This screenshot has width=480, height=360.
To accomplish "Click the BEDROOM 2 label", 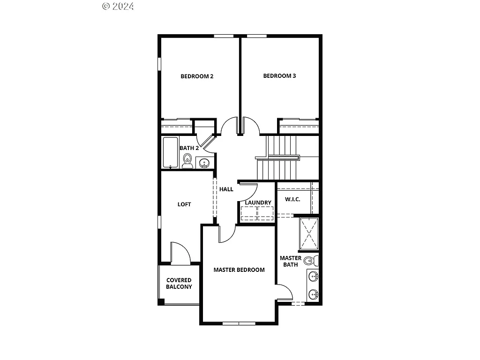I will coord(197,76).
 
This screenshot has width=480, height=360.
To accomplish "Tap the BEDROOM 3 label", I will coord(279,76).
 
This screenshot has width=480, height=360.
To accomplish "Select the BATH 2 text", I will coord(189,148).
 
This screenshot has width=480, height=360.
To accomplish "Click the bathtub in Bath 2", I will coord(170,152).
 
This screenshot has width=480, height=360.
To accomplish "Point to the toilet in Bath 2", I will coord(187,160).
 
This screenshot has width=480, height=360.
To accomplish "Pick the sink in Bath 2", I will coord(204,163).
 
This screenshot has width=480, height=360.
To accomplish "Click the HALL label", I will coord(226,189).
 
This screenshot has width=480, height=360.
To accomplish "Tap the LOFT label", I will coord(184,204).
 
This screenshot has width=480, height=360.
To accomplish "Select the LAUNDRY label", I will coord(258,202).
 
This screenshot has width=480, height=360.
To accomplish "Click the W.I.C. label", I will coord(292,199).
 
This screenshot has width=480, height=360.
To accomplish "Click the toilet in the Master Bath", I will coord(311,261).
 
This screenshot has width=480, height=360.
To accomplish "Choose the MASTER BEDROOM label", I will coord(239,270).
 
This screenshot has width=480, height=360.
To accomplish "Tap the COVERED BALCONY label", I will coord(179,284).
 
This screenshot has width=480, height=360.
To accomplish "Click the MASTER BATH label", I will coord(291,261).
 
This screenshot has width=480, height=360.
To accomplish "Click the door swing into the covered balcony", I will coord(180,253).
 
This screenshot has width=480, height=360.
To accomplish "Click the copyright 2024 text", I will coord(118,6).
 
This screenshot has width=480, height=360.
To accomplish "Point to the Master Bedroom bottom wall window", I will coord(239,323).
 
